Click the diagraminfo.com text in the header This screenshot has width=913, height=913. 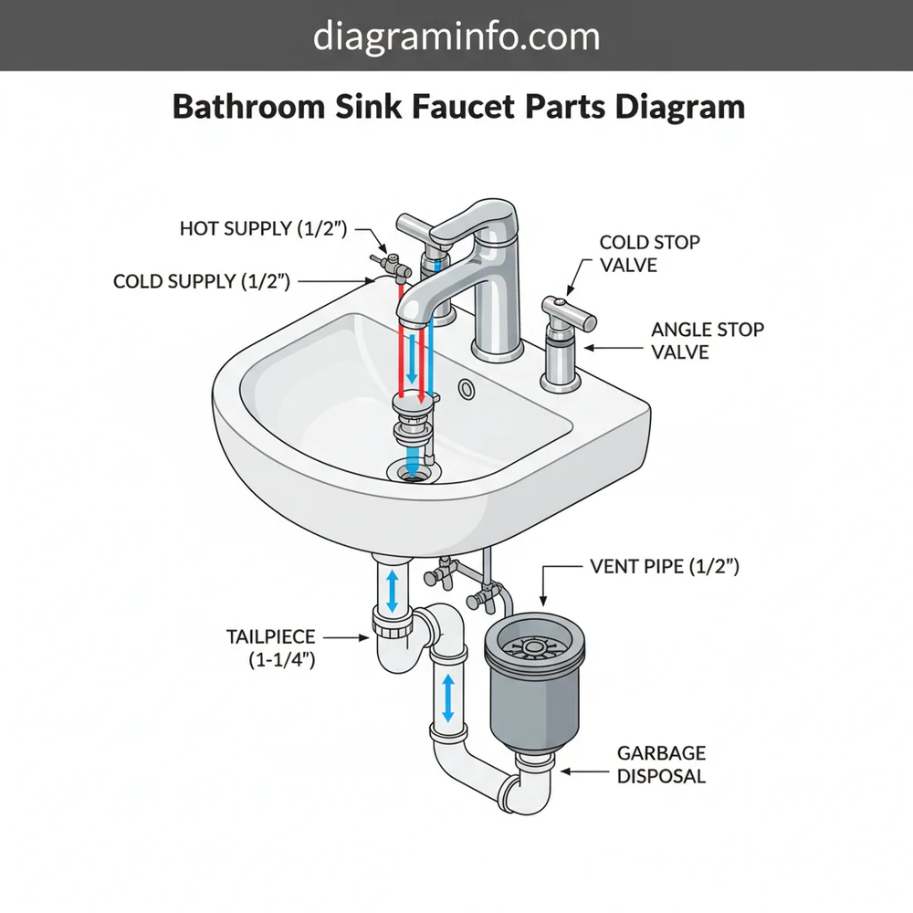coord(456,37)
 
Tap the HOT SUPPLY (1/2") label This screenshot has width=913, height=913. coord(263,228)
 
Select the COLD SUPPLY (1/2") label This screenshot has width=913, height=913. coord(202,281)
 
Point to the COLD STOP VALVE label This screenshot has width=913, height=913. coord(649,254)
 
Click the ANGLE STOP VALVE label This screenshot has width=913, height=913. coord(708,340)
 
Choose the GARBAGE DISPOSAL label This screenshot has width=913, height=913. coord(661,765)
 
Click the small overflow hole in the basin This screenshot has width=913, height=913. coord(468,390)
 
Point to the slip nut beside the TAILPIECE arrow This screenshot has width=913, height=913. coord(391,629)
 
